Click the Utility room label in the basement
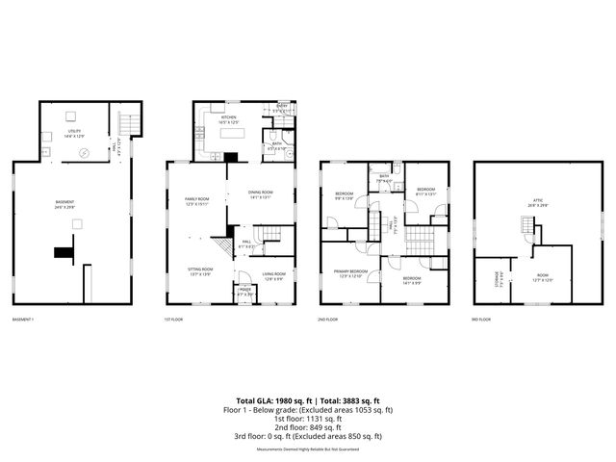point(73,132)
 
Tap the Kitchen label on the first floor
point(228,119)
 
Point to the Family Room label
point(197,200)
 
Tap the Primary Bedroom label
point(347,275)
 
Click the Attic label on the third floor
point(536,203)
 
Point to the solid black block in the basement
point(64,252)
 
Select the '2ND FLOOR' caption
point(328,320)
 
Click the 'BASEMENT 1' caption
point(23,320)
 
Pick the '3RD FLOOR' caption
point(480,320)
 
